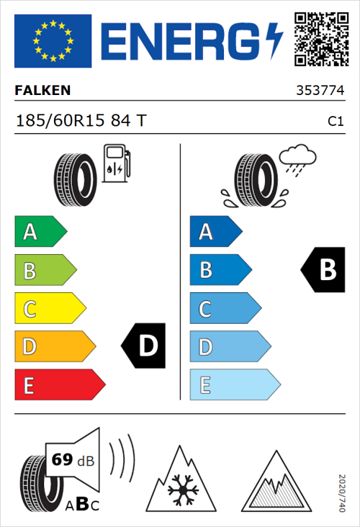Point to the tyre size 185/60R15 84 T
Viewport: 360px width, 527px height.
[x=81, y=122]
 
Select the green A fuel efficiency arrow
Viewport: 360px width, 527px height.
[x=40, y=232]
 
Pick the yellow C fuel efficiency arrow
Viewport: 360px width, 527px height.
[x=50, y=309]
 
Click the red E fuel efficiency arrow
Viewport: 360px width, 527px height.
[x=59, y=385]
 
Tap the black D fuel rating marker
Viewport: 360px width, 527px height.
[x=143, y=346]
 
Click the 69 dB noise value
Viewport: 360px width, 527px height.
[x=70, y=461]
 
